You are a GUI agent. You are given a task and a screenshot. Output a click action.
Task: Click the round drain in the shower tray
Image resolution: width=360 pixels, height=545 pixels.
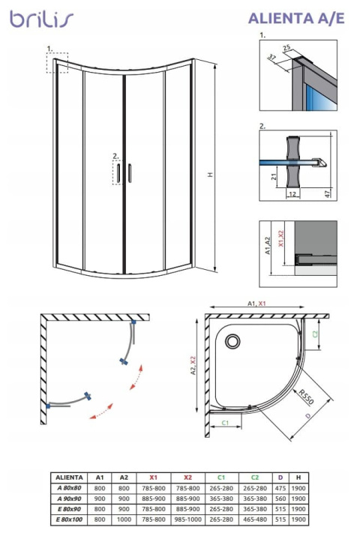tap(233, 343)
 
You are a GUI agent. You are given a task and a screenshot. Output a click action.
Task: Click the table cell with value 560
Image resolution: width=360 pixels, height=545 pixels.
tap(279, 498)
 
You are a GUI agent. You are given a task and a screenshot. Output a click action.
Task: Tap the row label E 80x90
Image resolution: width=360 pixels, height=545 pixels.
tap(70, 508)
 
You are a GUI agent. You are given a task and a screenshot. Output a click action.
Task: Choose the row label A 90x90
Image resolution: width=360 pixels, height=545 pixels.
tap(70, 498)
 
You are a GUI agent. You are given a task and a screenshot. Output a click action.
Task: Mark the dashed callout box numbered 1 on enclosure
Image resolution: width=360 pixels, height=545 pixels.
tap(57, 62)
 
